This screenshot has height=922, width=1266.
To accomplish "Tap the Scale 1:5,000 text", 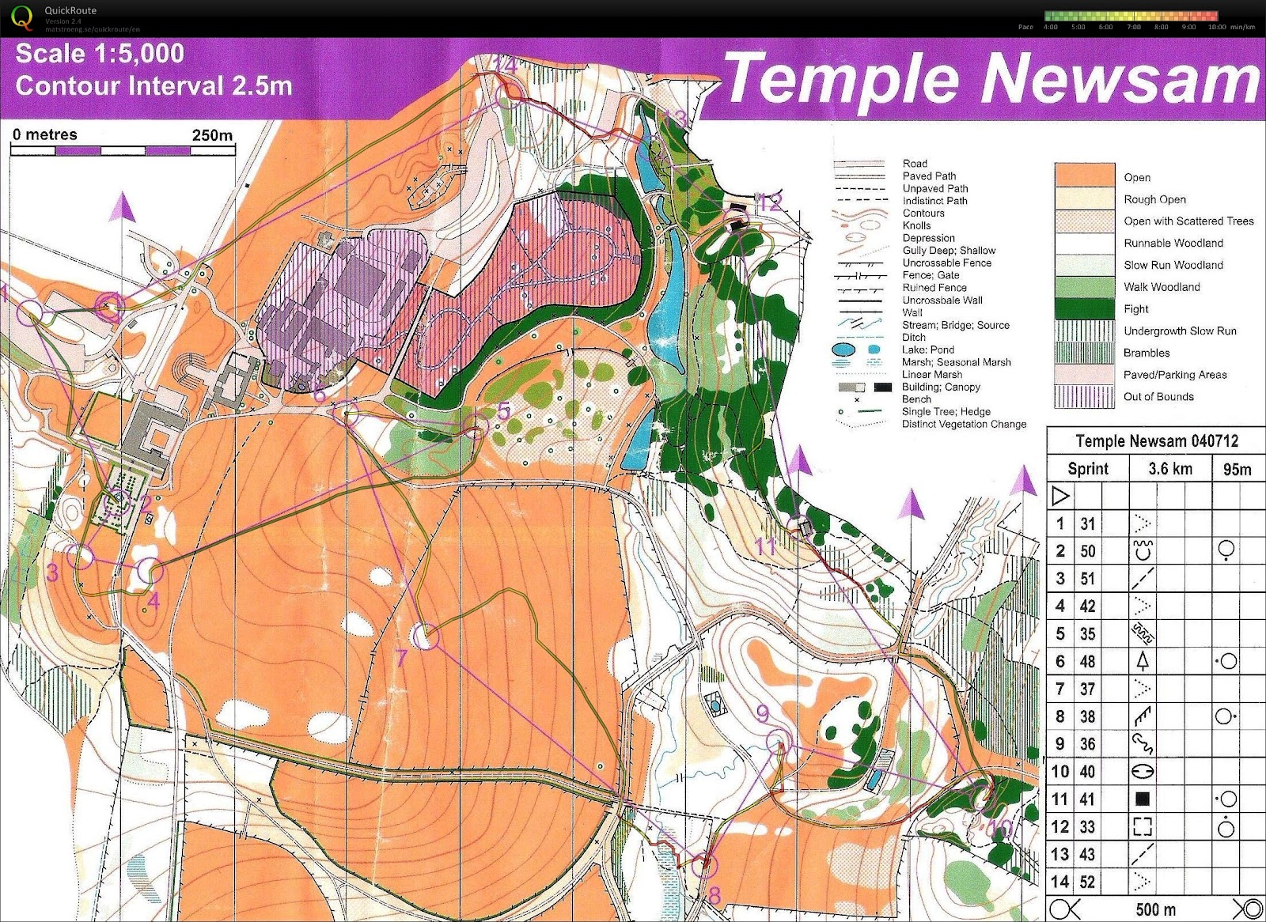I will pos(100,54).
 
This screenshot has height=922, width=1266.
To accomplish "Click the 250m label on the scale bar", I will pos(212,135).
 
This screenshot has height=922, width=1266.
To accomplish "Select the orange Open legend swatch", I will pos(1083,176).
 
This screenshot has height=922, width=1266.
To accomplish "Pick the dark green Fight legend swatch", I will pos(1083,308).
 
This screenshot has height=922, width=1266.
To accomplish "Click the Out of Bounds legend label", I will pos(1158,397).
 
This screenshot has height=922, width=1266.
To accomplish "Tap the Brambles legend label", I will pos(1146,353).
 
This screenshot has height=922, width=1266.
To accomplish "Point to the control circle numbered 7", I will pos(426,636).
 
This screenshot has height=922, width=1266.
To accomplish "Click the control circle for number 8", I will pos(703,867).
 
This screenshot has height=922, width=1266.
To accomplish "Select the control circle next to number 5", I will pos(473,427).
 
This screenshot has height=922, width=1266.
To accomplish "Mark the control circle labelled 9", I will pos(779,742).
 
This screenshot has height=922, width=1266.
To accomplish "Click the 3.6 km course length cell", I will pos(1169,469).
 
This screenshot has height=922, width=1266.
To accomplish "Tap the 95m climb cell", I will pos(1237,470).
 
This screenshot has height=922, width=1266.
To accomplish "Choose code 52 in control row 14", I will pos(1087,882).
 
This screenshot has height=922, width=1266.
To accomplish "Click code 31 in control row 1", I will pos(1087,523).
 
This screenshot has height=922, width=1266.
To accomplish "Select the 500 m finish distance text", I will pos(1155,909).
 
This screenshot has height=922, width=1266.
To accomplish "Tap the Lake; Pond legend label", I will pos(927,350).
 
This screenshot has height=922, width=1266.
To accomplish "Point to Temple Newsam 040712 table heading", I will pos(1156,441).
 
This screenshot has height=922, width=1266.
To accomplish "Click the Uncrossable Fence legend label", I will pos(946,263).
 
